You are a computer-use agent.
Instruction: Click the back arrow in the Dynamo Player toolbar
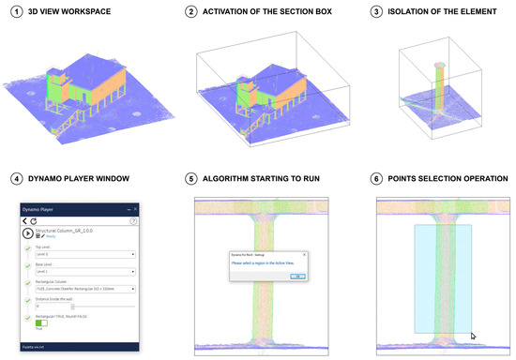[x=24, y=219]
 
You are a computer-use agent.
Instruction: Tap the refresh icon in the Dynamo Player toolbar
[x=33, y=219]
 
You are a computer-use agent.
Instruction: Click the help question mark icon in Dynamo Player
[x=134, y=220]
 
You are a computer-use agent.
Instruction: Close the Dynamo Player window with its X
[x=136, y=209]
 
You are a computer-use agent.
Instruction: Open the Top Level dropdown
[x=85, y=254]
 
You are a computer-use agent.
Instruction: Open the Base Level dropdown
[x=85, y=272]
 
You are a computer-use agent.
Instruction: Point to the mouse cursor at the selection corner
[x=472, y=335]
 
